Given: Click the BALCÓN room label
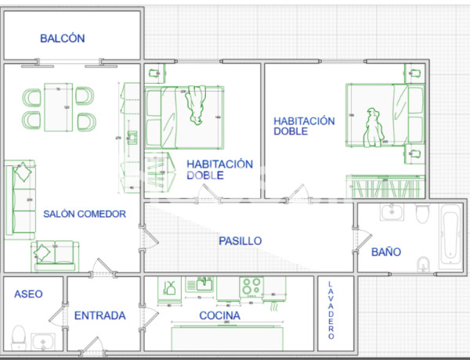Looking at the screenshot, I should [x=62, y=38].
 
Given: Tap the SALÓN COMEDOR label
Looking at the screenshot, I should [x=85, y=214].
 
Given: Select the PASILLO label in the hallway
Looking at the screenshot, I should [x=240, y=241].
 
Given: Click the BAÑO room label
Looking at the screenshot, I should [x=386, y=252].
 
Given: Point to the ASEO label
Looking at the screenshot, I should [x=28, y=293].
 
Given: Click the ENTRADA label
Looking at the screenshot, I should [x=99, y=316].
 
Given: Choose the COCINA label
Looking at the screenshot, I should [x=219, y=316].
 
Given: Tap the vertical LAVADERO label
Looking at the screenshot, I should [x=331, y=310].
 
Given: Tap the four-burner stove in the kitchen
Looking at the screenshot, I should [x=251, y=286].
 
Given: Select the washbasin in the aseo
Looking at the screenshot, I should [x=43, y=340].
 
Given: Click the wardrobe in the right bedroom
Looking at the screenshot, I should [x=385, y=188].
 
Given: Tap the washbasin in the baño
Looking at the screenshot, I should [x=391, y=212].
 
